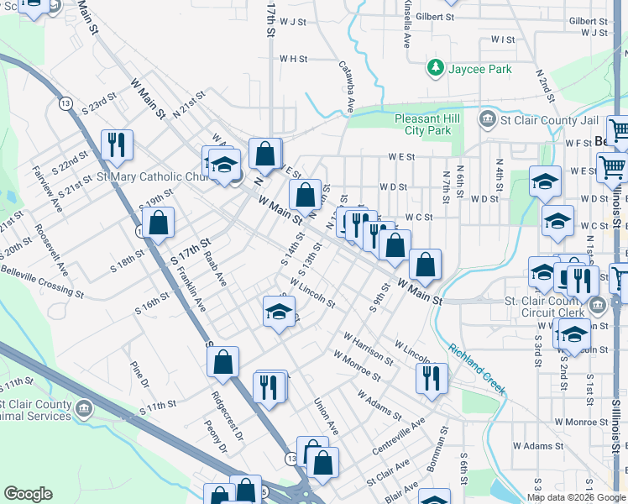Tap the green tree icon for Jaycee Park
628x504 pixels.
click(436, 66)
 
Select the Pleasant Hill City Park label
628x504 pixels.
click(428, 124)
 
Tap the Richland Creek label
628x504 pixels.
click(476, 368)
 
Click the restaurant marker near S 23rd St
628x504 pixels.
click(117, 144)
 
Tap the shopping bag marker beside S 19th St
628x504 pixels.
click(157, 223)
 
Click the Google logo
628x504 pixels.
click(28, 494)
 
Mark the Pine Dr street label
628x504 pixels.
click(139, 375)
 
